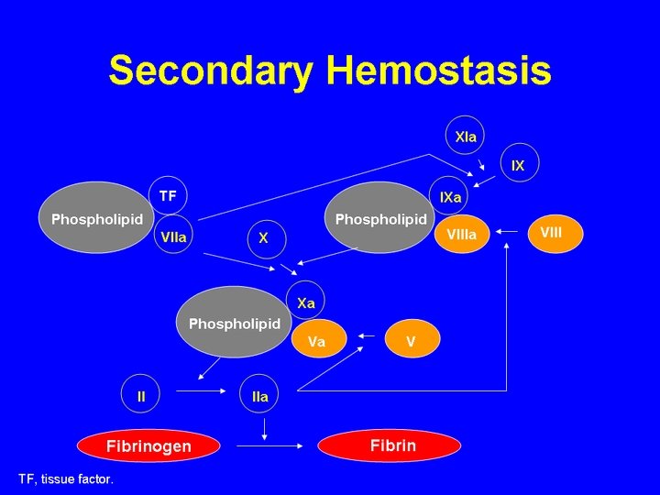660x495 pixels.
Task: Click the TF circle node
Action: tap(168, 195)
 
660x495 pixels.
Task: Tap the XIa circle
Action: tap(465, 135)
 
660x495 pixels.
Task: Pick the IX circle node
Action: tap(520, 162)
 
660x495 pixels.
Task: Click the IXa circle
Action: tap(448, 196)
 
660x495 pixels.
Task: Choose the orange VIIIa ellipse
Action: tap(462, 234)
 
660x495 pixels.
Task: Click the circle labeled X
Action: tap(267, 239)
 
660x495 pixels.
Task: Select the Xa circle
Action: tap(305, 301)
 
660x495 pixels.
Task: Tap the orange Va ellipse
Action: tap(319, 339)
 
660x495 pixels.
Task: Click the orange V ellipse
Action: tap(412, 339)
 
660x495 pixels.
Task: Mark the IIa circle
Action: tap(259, 394)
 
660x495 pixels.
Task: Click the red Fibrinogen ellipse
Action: tap(148, 445)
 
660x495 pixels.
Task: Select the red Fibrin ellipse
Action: tap(390, 445)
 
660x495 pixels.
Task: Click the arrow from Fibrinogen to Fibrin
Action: tap(269, 445)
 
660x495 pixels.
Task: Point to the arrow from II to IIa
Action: tap(201, 391)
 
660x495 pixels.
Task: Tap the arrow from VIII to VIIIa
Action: tap(507, 231)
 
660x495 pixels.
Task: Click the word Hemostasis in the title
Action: tap(439, 70)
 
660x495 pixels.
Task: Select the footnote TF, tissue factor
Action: tap(66, 479)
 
